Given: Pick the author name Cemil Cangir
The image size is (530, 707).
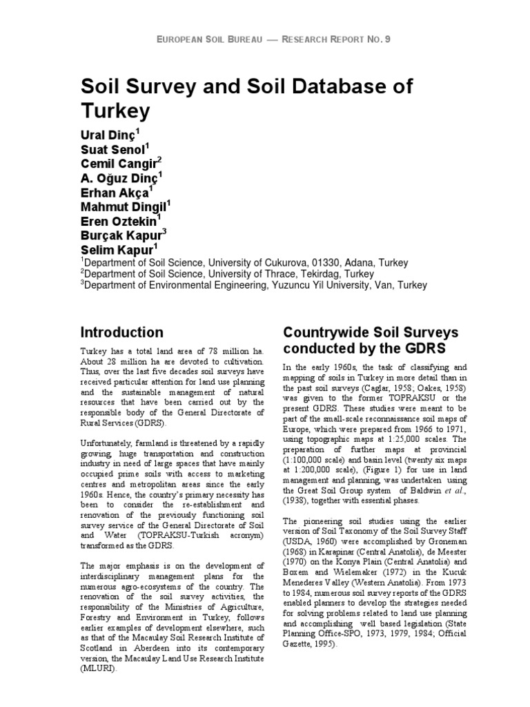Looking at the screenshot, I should pos(118,164).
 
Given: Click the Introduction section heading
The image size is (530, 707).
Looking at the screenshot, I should pos(122,332).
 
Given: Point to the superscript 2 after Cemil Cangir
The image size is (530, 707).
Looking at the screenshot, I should pos(159,159).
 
